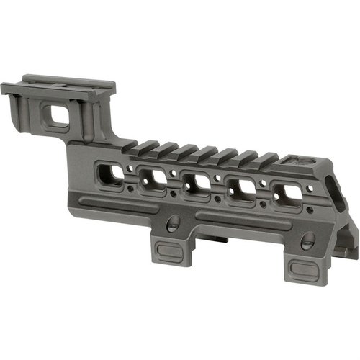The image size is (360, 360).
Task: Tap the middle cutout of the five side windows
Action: coord(195,183)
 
